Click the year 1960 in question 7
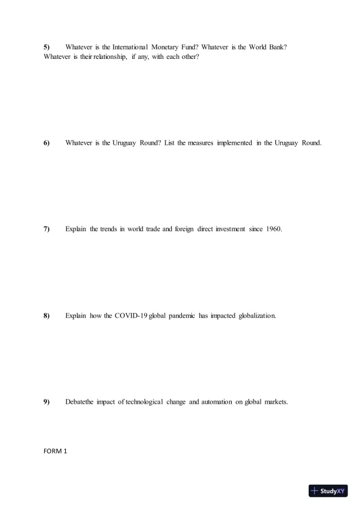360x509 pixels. pos(274,229)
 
